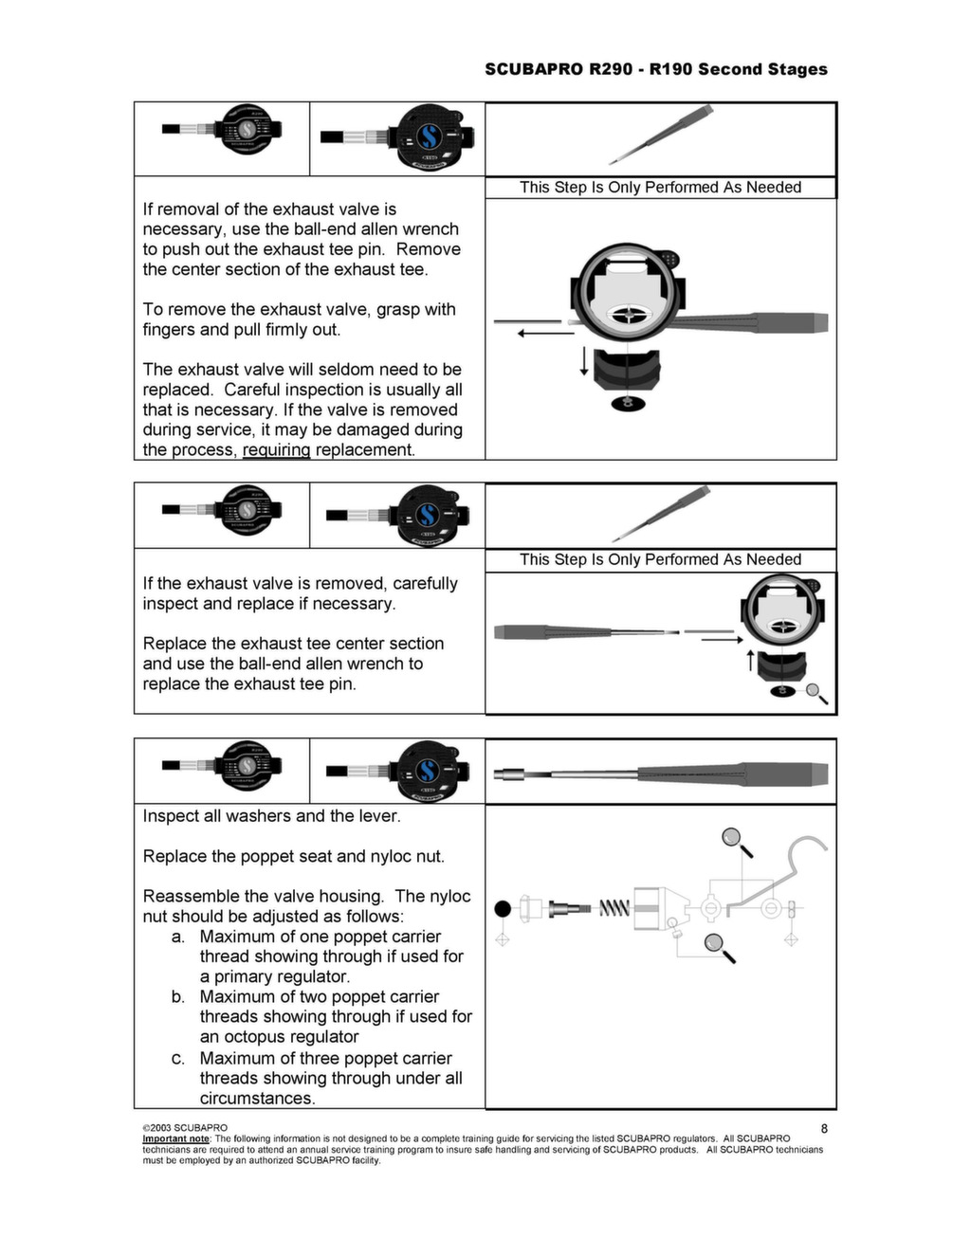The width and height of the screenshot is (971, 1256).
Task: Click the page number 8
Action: click(x=824, y=1128)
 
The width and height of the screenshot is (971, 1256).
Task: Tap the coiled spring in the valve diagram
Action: click(x=614, y=909)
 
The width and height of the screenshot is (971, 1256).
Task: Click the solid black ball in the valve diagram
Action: click(x=503, y=909)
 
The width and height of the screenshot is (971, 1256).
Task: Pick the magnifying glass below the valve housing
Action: click(x=718, y=945)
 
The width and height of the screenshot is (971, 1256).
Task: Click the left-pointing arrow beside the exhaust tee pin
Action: click(x=545, y=333)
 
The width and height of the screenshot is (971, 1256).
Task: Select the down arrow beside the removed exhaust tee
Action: click(x=584, y=360)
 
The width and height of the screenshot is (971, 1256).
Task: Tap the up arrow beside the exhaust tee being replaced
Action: click(x=750, y=660)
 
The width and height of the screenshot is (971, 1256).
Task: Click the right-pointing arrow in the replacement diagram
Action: click(x=723, y=640)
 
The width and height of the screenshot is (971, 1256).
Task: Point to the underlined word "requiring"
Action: click(x=276, y=450)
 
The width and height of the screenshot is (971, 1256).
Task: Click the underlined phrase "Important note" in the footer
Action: click(x=175, y=1138)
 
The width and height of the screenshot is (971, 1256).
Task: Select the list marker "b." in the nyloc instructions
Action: click(x=178, y=997)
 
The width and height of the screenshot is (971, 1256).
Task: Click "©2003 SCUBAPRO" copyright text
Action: click(x=185, y=1128)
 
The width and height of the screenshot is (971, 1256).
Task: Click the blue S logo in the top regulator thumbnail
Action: click(x=427, y=138)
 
